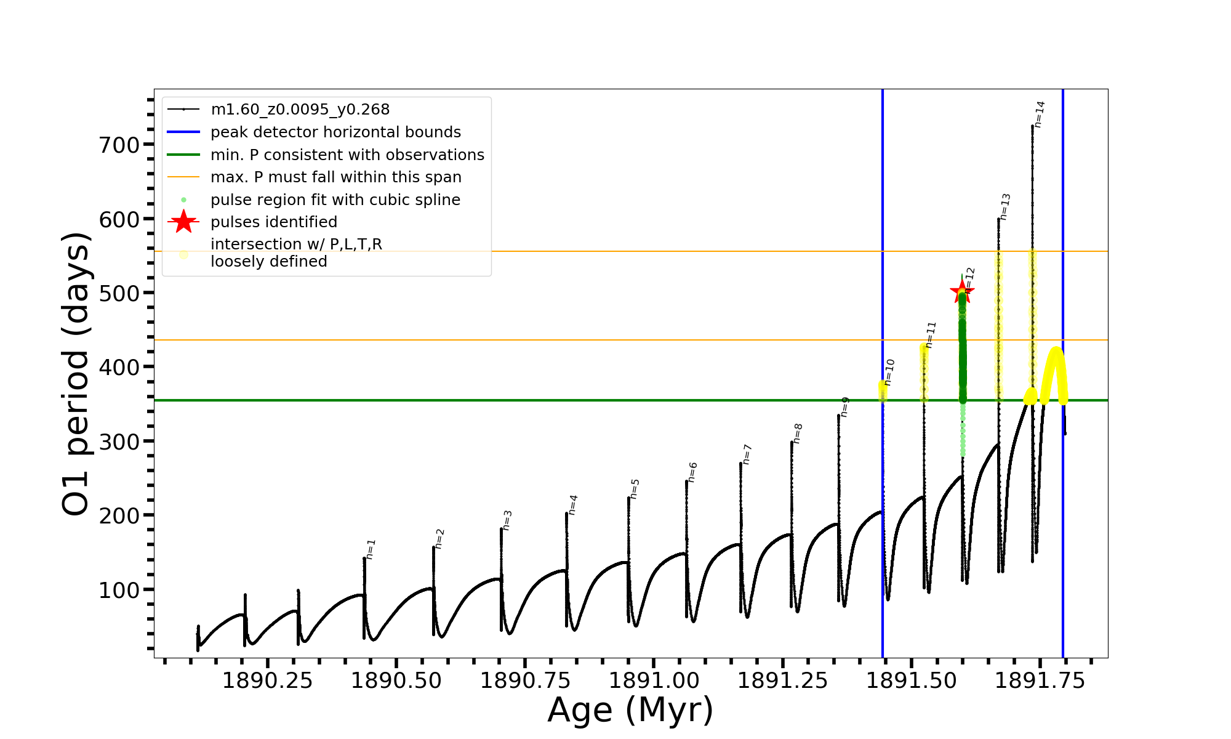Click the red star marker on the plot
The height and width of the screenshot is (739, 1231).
tap(961, 291)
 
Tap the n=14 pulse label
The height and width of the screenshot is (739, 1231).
tap(1039, 115)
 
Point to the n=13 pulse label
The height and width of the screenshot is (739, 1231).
tap(1004, 207)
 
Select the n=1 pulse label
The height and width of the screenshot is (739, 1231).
tap(370, 549)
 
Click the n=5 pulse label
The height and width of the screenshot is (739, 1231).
tap(635, 489)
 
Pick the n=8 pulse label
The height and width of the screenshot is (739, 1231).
tap(798, 434)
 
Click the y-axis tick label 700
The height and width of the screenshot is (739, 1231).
tap(119, 145)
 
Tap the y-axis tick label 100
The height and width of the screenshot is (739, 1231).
tap(119, 590)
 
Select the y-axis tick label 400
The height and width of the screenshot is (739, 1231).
tap(119, 368)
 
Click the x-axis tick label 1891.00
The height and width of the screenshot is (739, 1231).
tap(654, 681)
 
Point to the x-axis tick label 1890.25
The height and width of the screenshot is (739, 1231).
tap(267, 681)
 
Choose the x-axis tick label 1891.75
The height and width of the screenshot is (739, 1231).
tap(1040, 681)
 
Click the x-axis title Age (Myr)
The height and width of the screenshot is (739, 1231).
tap(630, 710)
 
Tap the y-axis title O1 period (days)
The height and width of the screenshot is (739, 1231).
tap(76, 374)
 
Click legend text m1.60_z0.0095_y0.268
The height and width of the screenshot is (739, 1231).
tap(300, 110)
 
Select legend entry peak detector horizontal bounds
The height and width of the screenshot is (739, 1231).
tap(335, 132)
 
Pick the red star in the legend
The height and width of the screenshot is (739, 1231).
tap(183, 222)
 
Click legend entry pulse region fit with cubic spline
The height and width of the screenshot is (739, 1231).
tap(335, 200)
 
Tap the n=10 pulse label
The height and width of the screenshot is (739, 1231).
tap(889, 373)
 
